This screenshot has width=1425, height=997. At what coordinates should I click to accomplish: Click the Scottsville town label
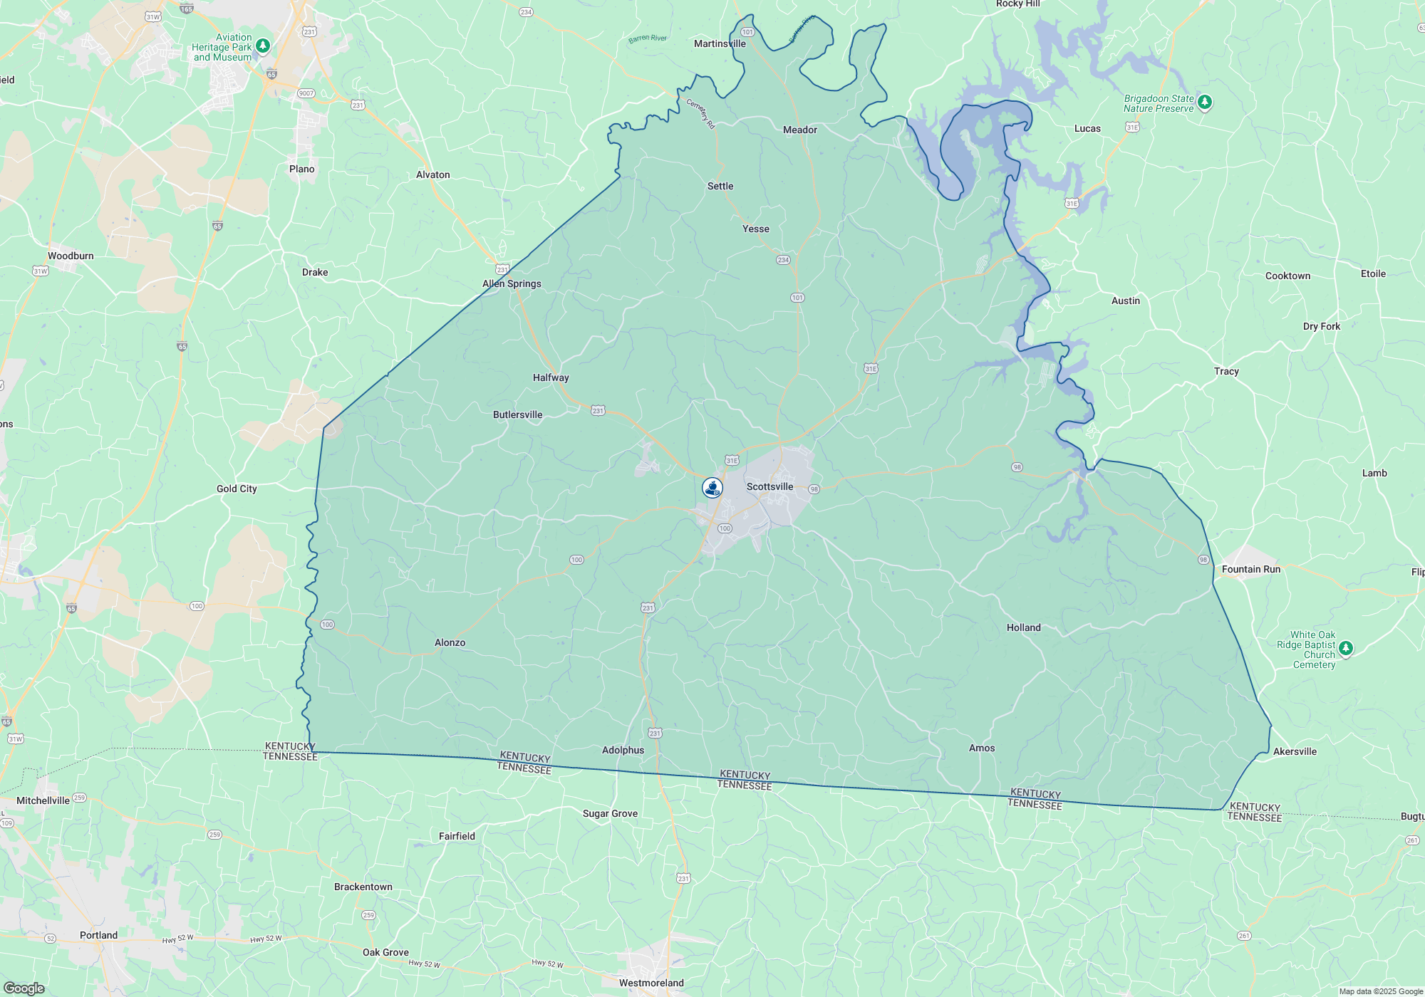pyautogui.click(x=769, y=486)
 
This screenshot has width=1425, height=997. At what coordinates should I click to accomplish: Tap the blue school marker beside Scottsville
pyautogui.click(x=712, y=488)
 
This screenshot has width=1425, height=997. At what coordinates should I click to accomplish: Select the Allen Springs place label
pyautogui.click(x=512, y=283)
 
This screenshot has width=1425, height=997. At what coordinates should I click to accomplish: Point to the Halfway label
pyautogui.click(x=551, y=377)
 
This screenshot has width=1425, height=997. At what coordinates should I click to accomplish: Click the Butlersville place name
pyautogui.click(x=517, y=414)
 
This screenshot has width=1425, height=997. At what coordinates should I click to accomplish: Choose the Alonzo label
pyautogui.click(x=450, y=642)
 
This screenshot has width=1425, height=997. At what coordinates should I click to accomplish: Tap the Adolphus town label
pyautogui.click(x=623, y=750)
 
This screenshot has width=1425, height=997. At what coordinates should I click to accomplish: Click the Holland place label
pyautogui.click(x=1023, y=627)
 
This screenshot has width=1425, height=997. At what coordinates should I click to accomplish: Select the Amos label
pyautogui.click(x=981, y=748)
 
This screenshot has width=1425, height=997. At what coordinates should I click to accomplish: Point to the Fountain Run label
pyautogui.click(x=1250, y=569)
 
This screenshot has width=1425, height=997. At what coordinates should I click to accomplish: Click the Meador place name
pyautogui.click(x=799, y=130)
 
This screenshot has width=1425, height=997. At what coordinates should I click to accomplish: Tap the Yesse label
pyautogui.click(x=755, y=229)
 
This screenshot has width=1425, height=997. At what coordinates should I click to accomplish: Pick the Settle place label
pyautogui.click(x=720, y=186)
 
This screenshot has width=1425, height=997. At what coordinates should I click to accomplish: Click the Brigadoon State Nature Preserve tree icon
pyautogui.click(x=1204, y=103)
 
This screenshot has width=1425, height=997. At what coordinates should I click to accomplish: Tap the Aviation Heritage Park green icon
pyautogui.click(x=263, y=46)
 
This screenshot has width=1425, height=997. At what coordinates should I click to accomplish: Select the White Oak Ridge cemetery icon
pyautogui.click(x=1345, y=648)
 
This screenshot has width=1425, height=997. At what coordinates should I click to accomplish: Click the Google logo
pyautogui.click(x=24, y=988)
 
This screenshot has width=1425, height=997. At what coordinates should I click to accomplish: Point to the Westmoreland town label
pyautogui.click(x=651, y=983)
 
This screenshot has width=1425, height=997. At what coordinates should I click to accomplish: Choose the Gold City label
pyautogui.click(x=237, y=489)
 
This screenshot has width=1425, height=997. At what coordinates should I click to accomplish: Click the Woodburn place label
pyautogui.click(x=71, y=256)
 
